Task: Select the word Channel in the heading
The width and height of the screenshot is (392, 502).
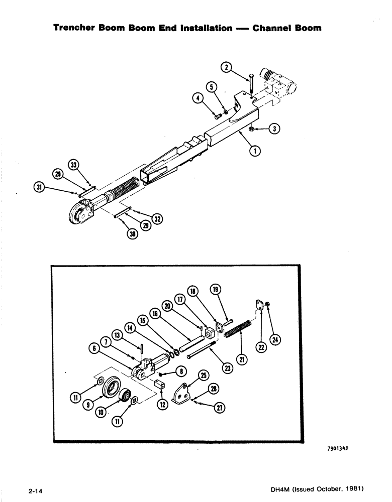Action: click(272, 28)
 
